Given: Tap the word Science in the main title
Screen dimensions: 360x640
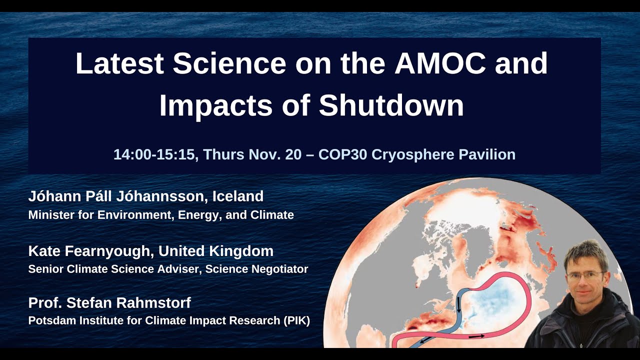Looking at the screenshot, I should (x=229, y=63).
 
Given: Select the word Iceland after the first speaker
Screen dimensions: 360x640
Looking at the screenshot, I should (x=238, y=196).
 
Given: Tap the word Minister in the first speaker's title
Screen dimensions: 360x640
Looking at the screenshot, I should (x=50, y=215).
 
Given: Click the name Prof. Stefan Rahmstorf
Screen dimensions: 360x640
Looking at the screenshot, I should (x=109, y=302).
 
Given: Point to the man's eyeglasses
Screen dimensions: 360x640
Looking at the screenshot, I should (x=584, y=275).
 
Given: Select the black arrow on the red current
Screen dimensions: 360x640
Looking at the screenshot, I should (x=476, y=336).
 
